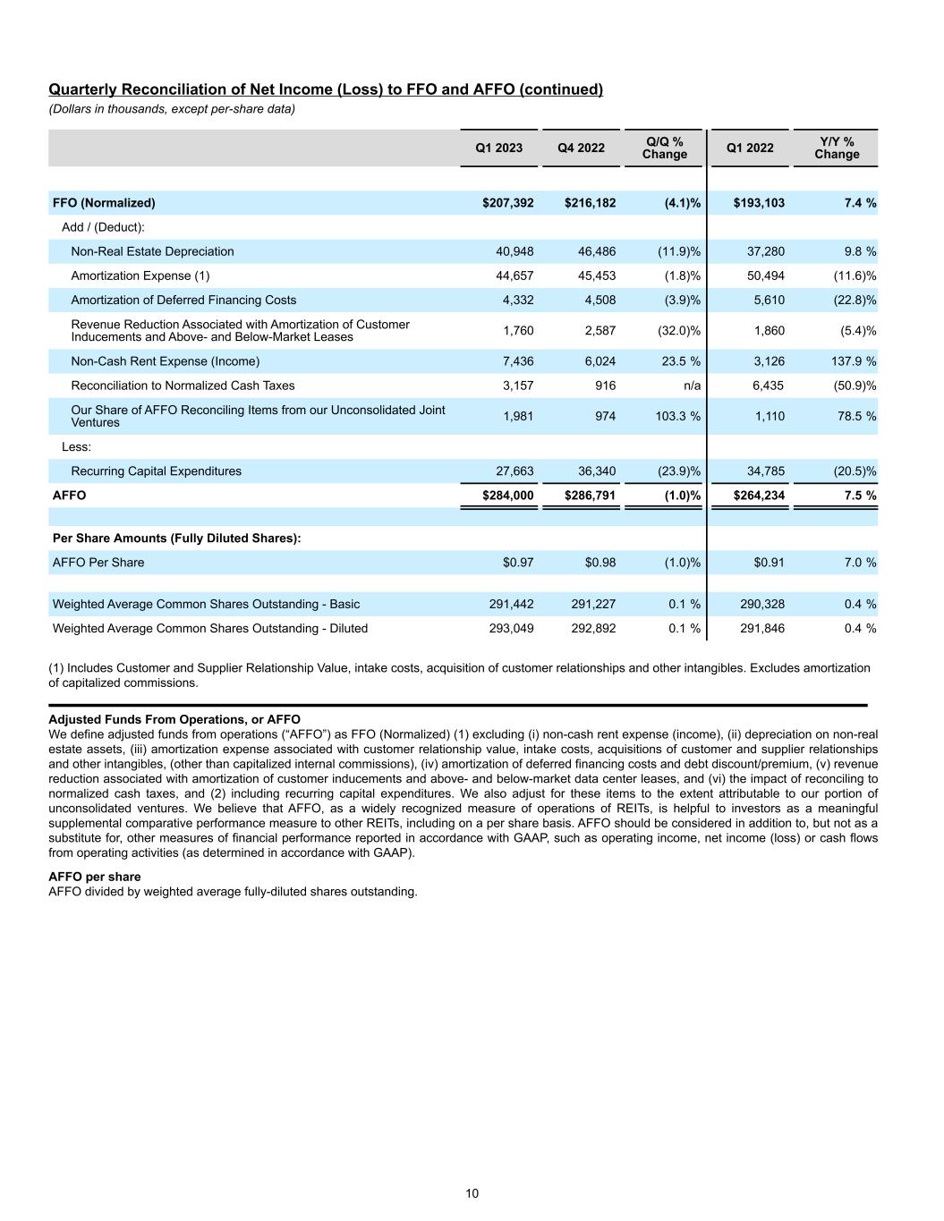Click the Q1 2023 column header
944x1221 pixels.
click(x=498, y=148)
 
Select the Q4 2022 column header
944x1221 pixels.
click(x=581, y=148)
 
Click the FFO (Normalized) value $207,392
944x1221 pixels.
click(x=507, y=203)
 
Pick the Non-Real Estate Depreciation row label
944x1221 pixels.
click(x=152, y=251)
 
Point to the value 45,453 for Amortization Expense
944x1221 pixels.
click(x=593, y=276)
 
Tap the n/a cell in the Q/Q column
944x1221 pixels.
click(x=690, y=386)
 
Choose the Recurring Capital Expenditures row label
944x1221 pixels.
click(x=156, y=471)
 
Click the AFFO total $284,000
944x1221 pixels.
click(x=507, y=495)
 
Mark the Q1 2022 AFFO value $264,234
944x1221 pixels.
click(x=759, y=495)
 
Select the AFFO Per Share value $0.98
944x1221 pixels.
click(x=600, y=563)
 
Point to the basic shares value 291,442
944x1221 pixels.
click(x=511, y=604)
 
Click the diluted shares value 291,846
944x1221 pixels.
click(x=762, y=628)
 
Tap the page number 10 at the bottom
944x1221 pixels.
click(x=472, y=1193)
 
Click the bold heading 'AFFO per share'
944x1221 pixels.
click(x=94, y=877)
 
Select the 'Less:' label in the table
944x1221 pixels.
click(x=76, y=446)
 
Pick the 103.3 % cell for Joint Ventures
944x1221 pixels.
click(x=676, y=416)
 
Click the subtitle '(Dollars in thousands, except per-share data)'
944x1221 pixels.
click(x=171, y=109)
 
